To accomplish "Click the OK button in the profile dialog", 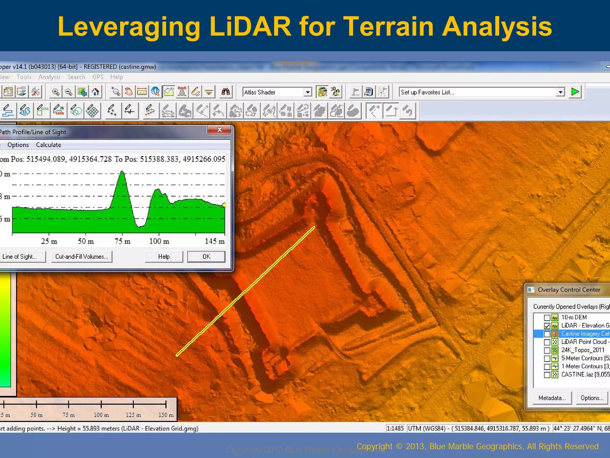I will pyautogui.click(x=206, y=256).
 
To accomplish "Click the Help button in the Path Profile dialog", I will pyautogui.click(x=164, y=256).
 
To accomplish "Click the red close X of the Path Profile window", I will pyautogui.click(x=219, y=130).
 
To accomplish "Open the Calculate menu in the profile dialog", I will pyautogui.click(x=48, y=145).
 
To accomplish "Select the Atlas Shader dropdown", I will pyautogui.click(x=277, y=92).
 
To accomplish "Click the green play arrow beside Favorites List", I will pyautogui.click(x=575, y=92).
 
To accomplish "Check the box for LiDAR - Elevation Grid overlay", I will pyautogui.click(x=547, y=326).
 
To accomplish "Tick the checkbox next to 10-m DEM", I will pyautogui.click(x=547, y=318).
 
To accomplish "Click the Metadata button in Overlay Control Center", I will pyautogui.click(x=552, y=398).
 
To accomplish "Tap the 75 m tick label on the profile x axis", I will pyautogui.click(x=122, y=241).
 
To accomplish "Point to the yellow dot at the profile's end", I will pyautogui.click(x=224, y=205).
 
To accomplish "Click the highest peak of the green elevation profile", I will pyautogui.click(x=122, y=171).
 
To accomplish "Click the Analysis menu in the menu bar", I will pyautogui.click(x=49, y=77).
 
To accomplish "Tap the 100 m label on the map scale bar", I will pyautogui.click(x=101, y=415).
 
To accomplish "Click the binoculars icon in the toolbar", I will pyautogui.click(x=225, y=92).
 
